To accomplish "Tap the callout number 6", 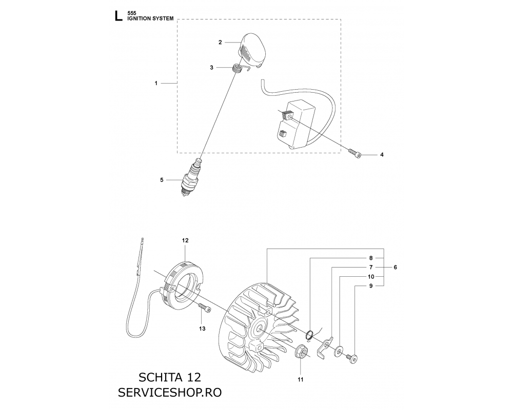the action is [x=395, y=268].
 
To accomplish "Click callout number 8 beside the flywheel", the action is [x=371, y=258].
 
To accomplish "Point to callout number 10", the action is [x=371, y=277].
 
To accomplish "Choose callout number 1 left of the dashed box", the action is [x=156, y=84].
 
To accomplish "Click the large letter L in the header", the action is [x=118, y=16].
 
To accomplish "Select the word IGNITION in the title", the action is [x=139, y=18].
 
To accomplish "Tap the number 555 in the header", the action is [x=132, y=13].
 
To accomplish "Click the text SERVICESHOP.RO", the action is [x=170, y=393].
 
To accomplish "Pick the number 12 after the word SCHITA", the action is [x=194, y=377].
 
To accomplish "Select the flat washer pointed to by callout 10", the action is [x=339, y=351].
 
